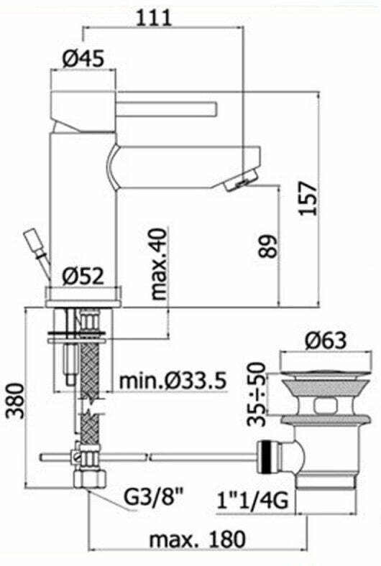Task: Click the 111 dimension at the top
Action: pos(153,17)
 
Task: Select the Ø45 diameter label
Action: pos(83,58)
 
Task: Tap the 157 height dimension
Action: pos(309,198)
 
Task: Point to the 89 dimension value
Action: pos(269,246)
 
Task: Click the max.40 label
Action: pos(159,264)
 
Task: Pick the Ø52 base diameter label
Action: pos(83,277)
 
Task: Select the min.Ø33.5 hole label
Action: pos(173,381)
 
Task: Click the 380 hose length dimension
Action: pos(16,401)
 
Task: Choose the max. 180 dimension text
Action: pos(197,539)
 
